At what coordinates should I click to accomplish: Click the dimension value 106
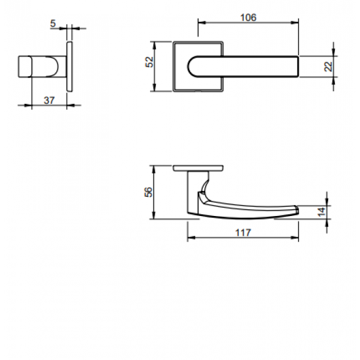tap(248, 17)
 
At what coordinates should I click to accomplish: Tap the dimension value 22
tap(328, 67)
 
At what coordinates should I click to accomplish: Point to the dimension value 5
tap(53, 25)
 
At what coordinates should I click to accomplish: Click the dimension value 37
tap(50, 100)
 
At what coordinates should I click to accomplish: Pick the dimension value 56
tap(148, 192)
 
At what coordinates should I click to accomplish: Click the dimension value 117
tap(243, 232)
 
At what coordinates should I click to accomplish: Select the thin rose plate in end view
tap(70, 67)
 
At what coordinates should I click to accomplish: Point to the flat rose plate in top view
tap(199, 167)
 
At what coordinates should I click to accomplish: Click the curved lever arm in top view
tap(252, 207)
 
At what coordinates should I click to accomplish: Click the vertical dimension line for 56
tap(155, 192)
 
